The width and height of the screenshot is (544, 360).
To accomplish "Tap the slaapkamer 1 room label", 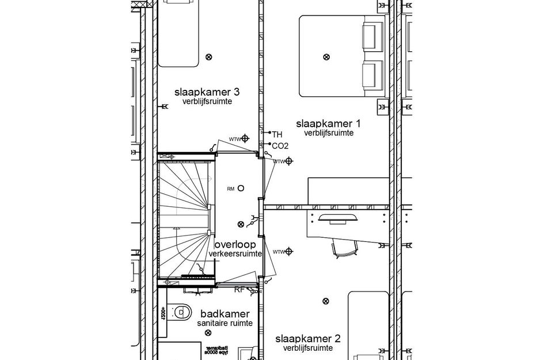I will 328,123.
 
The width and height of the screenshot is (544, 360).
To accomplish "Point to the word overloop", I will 235,245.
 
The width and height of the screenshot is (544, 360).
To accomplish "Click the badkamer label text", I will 225,314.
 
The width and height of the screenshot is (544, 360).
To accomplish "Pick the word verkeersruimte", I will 236,254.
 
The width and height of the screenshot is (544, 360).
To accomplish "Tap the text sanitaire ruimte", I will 225,324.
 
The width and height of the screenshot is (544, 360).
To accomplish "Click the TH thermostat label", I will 277,134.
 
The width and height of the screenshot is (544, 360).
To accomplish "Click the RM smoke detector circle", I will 241,188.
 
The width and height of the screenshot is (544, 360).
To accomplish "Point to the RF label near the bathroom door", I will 239,290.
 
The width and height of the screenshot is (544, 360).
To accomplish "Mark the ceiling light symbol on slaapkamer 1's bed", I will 326,56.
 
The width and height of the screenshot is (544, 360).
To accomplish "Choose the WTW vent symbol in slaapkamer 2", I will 289,252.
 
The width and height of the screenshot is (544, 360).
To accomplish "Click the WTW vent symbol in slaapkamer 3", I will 245,138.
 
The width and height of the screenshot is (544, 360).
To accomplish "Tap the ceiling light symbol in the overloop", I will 241,223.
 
